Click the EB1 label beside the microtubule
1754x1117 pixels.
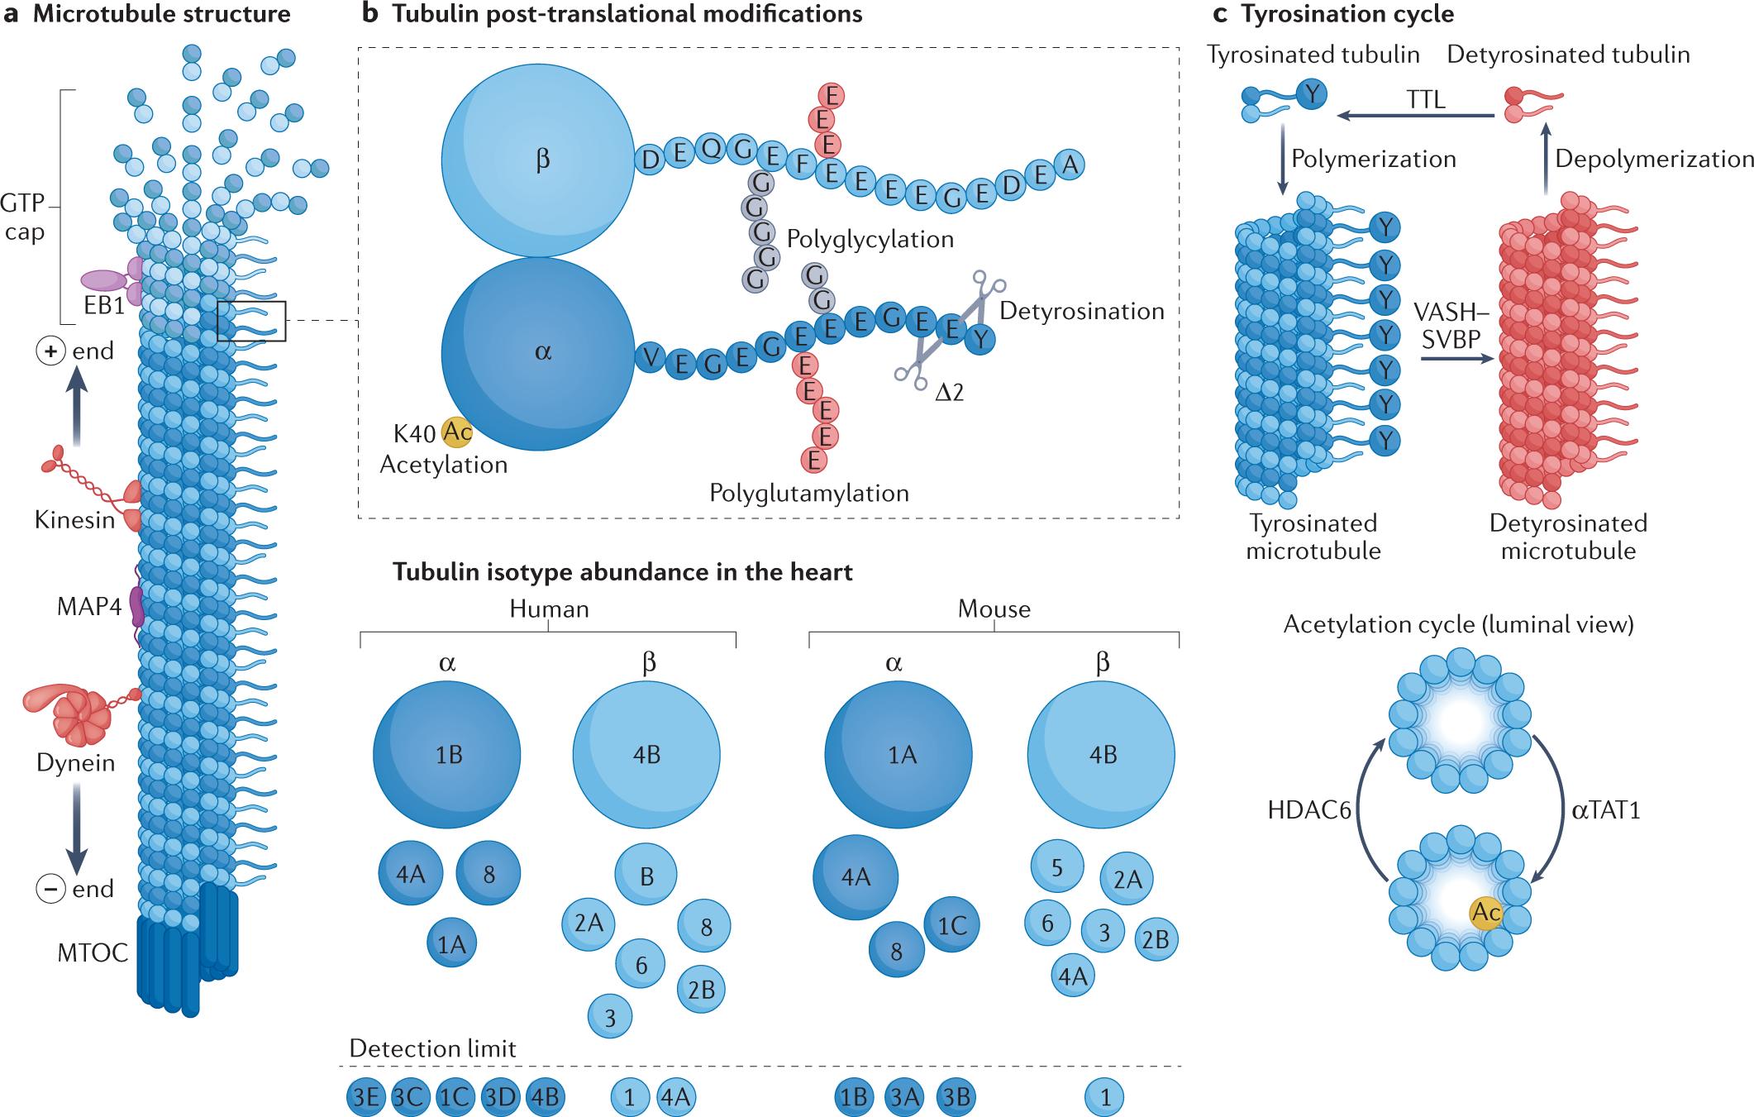coord(104,305)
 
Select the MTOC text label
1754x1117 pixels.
coord(92,952)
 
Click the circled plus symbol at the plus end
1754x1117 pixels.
coord(50,351)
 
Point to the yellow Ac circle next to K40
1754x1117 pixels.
coord(456,432)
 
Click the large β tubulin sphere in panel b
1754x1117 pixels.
coord(538,160)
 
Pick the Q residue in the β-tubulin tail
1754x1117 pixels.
coord(711,149)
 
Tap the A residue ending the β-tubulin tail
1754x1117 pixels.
coord(1070,165)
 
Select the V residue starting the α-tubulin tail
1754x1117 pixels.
coord(651,357)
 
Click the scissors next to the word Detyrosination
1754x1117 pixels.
coord(985,290)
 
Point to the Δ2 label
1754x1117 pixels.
coord(949,392)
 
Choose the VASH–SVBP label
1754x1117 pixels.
coord(1451,326)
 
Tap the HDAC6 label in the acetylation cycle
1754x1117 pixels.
coord(1308,809)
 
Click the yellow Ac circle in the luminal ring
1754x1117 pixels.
coord(1485,912)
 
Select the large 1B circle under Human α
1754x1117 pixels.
coord(447,754)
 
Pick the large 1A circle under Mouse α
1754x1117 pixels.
coord(898,754)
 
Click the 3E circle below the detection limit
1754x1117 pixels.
coord(365,1097)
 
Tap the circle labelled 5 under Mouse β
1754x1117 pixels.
coord(1056,866)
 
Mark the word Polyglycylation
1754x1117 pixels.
coord(870,239)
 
